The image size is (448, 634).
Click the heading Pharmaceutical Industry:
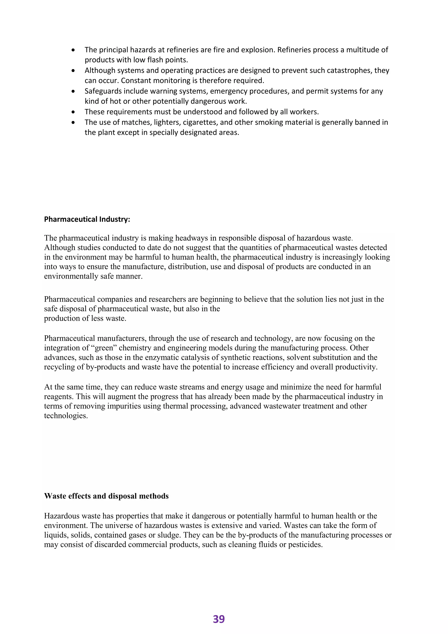(87, 219)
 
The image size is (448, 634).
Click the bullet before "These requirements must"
(73, 112)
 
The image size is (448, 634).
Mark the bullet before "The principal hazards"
(73, 50)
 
